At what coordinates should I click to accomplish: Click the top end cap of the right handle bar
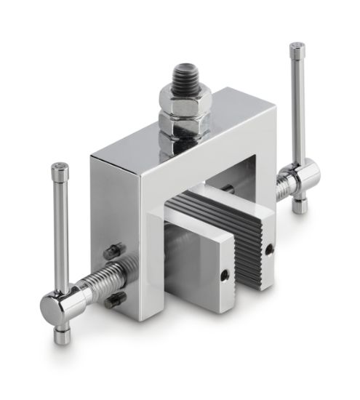pyautogui.click(x=297, y=49)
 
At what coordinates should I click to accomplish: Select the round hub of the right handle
pyautogui.click(x=305, y=175)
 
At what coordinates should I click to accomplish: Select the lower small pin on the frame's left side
pyautogui.click(x=114, y=299)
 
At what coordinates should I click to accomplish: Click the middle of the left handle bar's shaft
pyautogui.click(x=61, y=233)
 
